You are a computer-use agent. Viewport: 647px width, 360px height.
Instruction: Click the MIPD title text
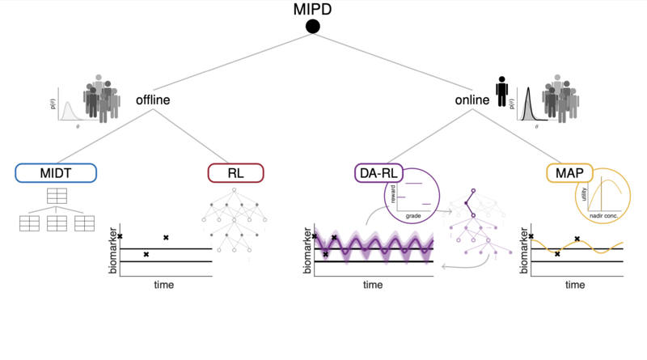tap(313, 10)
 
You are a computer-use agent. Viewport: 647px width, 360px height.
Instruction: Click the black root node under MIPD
tap(313, 28)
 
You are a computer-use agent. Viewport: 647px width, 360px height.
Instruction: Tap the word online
tap(473, 102)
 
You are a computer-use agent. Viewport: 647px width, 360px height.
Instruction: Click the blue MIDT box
tap(56, 173)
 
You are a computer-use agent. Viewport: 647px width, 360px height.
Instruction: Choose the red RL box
tap(235, 173)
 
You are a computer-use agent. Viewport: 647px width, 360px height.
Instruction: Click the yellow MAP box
tap(569, 173)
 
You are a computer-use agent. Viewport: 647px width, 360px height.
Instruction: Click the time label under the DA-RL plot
tap(373, 285)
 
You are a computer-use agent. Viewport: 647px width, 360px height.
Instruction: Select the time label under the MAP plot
tap(574, 285)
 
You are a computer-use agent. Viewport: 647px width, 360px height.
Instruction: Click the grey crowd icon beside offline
tap(100, 100)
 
